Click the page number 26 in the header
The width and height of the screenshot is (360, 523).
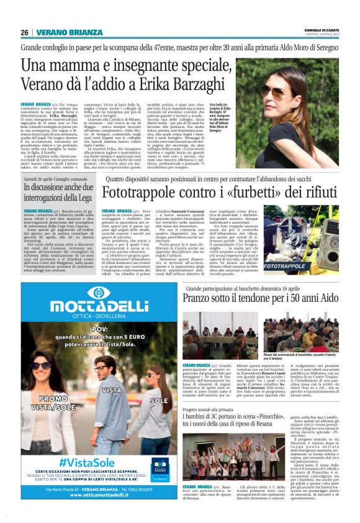(25, 32)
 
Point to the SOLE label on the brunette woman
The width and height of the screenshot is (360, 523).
(160, 401)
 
